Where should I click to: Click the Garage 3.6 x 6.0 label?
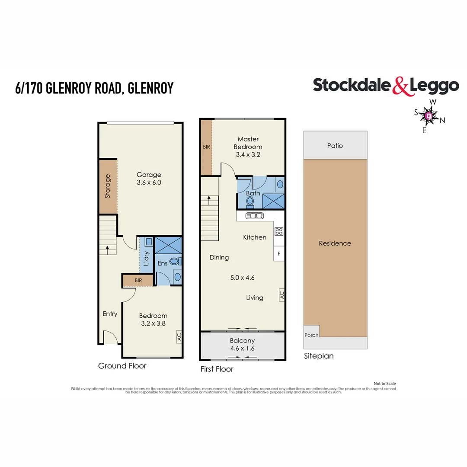click(149, 179)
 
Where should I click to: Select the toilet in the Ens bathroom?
click(175, 261)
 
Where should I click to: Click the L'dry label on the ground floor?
click(146, 259)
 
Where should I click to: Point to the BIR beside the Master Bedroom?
click(206, 147)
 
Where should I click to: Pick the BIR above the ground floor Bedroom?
click(138, 280)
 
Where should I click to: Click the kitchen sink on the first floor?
click(255, 216)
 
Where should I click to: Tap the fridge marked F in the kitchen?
click(279, 253)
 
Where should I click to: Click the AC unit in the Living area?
click(281, 295)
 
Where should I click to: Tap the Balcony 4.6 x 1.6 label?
click(243, 344)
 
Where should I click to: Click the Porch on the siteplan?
click(311, 335)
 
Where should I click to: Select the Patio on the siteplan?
click(335, 146)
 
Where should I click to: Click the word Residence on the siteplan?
click(335, 243)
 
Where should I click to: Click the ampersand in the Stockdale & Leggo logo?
click(400, 86)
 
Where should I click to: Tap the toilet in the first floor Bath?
click(250, 202)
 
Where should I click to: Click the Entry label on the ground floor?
click(110, 314)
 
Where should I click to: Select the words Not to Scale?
click(384, 384)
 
